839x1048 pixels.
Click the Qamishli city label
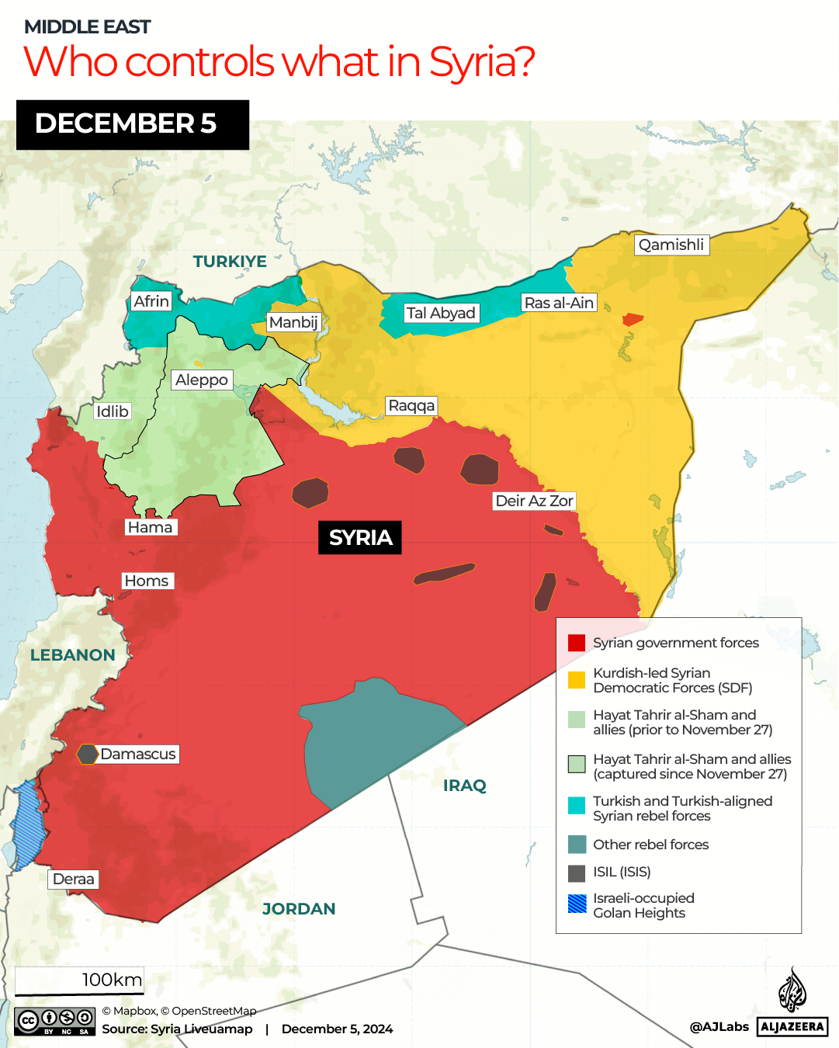click(x=671, y=245)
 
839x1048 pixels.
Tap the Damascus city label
click(x=137, y=754)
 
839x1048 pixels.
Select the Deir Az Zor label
click(x=534, y=501)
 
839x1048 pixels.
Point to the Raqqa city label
click(x=411, y=405)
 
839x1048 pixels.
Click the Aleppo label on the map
click(x=201, y=380)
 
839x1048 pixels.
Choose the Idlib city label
click(x=112, y=411)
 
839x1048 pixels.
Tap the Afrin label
click(x=151, y=301)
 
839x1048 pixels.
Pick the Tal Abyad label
click(x=440, y=313)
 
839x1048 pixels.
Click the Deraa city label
click(x=74, y=879)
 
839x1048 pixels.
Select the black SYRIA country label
click(x=360, y=537)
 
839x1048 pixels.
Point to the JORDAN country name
click(x=299, y=909)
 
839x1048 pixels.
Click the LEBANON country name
click(x=73, y=655)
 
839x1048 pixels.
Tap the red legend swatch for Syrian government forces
click(x=577, y=643)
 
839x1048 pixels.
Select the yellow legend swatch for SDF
click(x=577, y=680)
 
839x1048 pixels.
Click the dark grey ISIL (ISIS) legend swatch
click(x=577, y=873)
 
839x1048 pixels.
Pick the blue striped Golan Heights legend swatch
click(x=577, y=904)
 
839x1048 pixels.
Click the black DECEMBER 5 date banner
click(x=133, y=124)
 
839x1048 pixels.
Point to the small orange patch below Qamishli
click(x=633, y=319)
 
